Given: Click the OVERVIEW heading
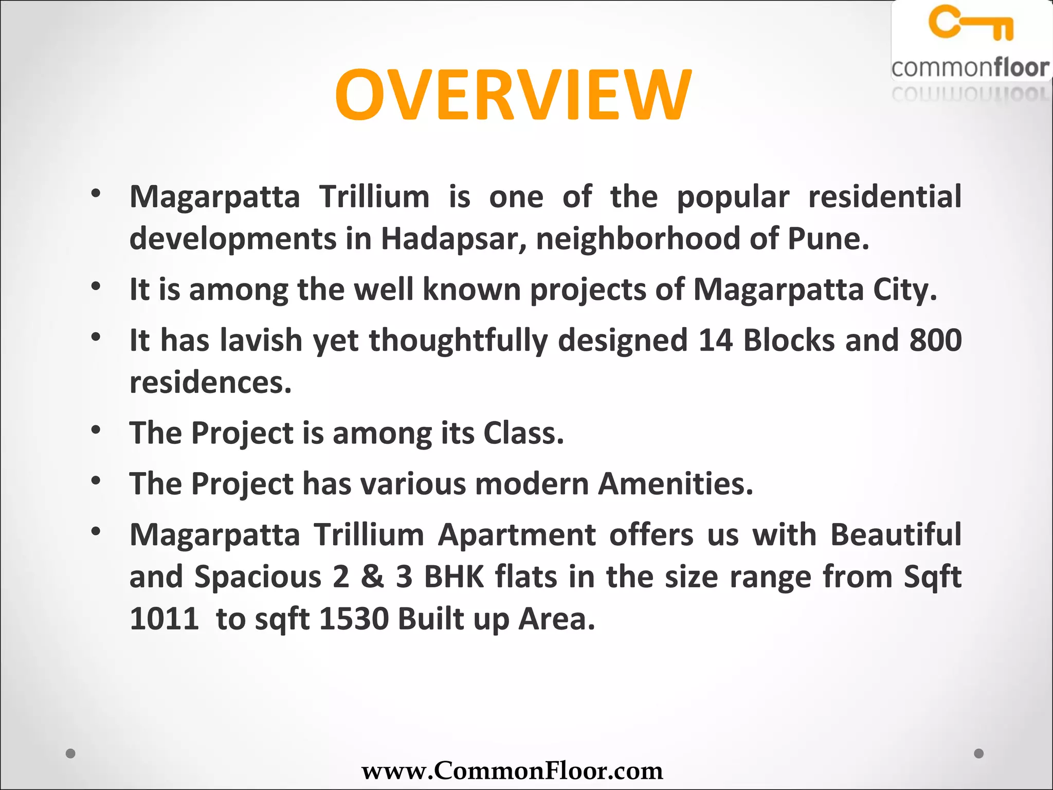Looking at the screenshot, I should click(513, 96).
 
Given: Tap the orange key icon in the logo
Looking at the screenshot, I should click(971, 23).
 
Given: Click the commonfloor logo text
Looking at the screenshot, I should click(970, 68).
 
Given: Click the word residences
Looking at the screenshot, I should click(210, 383).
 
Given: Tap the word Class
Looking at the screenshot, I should click(523, 433).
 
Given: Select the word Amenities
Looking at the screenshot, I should click(675, 484).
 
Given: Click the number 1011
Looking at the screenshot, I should click(164, 619).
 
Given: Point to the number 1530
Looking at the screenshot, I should click(354, 619).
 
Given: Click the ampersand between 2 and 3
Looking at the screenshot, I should click(372, 577).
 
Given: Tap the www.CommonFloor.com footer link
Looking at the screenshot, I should click(512, 770).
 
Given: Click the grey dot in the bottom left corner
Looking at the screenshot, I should click(71, 753).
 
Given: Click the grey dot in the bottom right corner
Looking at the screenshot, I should click(979, 753).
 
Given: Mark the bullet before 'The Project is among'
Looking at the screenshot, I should click(96, 429).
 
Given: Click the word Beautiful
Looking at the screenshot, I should click(895, 535).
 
